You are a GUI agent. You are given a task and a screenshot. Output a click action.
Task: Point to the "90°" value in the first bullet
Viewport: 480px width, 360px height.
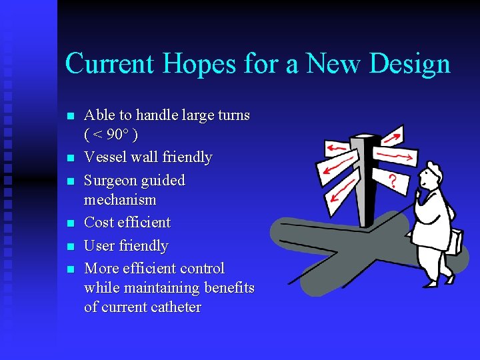pos(117,135)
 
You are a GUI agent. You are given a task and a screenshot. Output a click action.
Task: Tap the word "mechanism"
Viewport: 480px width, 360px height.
pos(120,199)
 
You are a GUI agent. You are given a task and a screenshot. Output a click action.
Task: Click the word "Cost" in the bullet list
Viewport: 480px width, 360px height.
pos(99,222)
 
